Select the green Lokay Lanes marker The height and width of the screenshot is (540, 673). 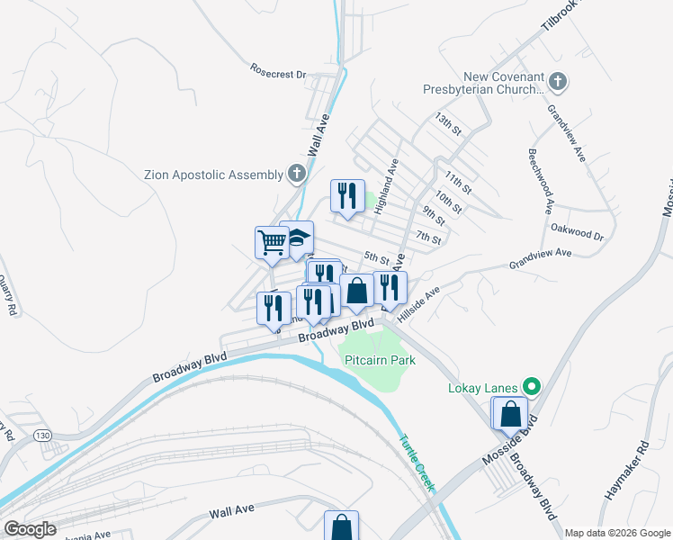tap(531, 388)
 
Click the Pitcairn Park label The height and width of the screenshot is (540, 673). tap(380, 360)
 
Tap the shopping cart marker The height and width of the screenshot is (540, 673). tap(271, 241)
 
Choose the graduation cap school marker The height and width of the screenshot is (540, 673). tap(297, 238)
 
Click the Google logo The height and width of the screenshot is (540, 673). tap(29, 528)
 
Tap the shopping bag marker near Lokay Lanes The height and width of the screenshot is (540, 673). tap(511, 414)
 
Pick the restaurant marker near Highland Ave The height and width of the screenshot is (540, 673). tap(345, 194)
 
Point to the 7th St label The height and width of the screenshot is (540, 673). tap(428, 238)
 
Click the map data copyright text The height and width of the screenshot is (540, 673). tap(617, 533)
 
